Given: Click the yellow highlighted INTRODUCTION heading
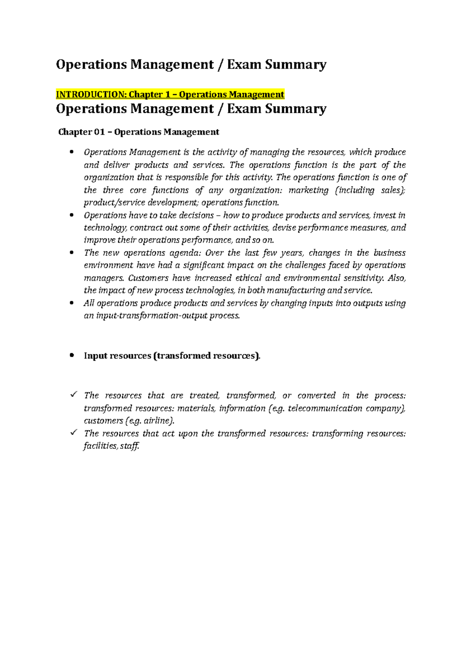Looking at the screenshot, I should click(170, 94).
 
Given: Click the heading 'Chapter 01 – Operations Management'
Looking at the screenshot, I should click(139, 132).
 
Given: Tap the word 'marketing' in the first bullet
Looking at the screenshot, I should click(308, 190).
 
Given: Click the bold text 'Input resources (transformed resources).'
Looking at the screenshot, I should click(172, 356).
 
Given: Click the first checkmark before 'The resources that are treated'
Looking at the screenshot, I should click(74, 394).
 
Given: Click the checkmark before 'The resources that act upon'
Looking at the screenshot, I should click(74, 433).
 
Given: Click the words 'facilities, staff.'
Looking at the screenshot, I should click(111, 446).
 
